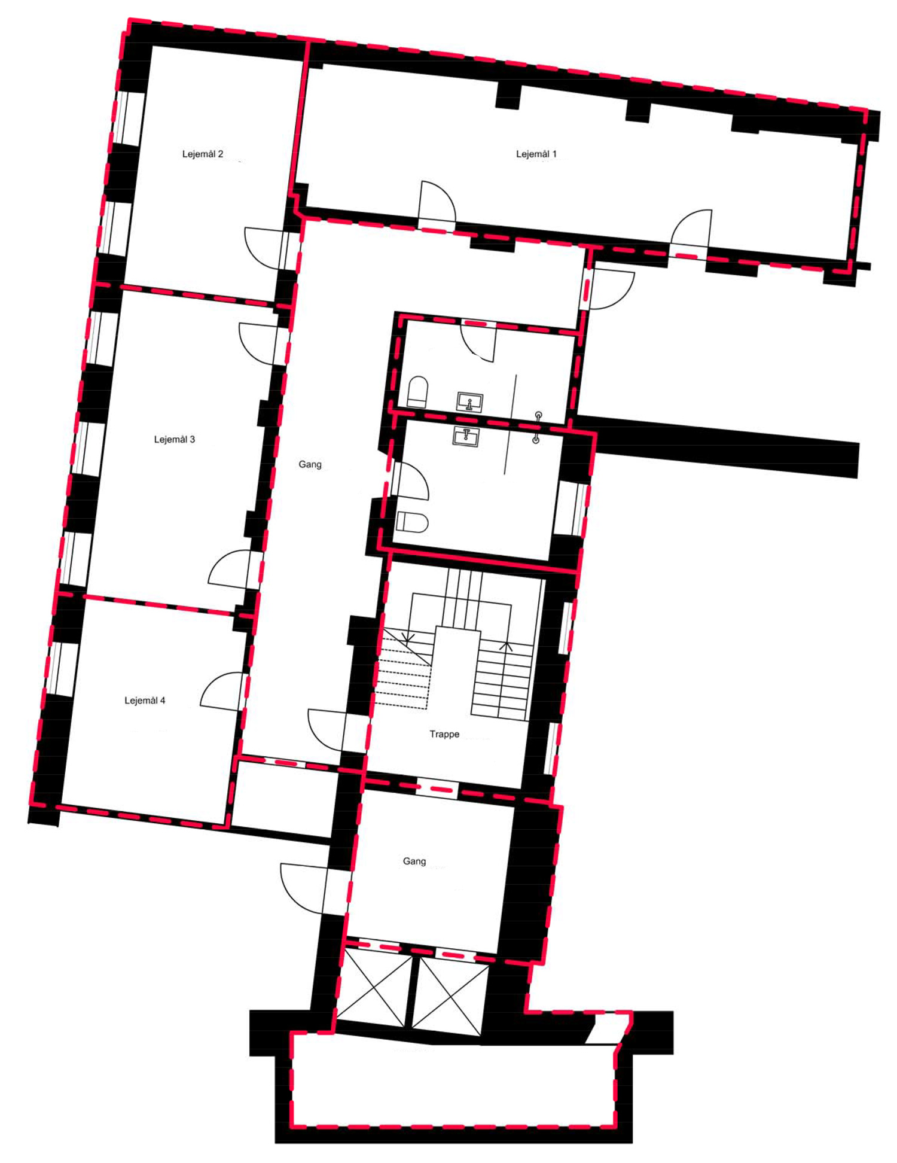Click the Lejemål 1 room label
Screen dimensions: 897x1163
[536, 154]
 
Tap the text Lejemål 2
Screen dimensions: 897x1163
[203, 154]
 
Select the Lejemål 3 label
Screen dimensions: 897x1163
[175, 439]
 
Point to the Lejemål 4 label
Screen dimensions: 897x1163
[145, 701]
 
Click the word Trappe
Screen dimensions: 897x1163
[444, 734]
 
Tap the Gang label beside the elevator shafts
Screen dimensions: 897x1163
[414, 861]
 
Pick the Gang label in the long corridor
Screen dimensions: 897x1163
[310, 464]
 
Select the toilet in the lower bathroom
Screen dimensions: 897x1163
[412, 522]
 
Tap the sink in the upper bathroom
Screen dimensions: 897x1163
[470, 402]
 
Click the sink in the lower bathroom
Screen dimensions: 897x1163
[466, 437]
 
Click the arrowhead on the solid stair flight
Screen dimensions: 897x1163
[506, 646]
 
